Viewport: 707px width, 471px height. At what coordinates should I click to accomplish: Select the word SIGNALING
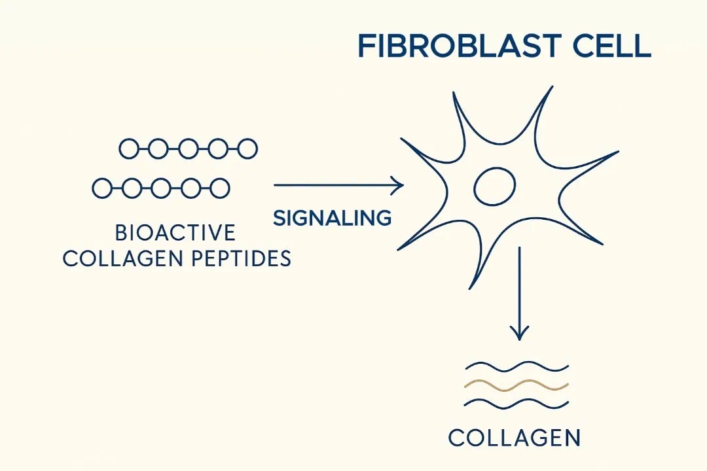click(333, 218)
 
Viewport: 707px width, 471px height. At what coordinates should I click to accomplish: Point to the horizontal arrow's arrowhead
click(397, 185)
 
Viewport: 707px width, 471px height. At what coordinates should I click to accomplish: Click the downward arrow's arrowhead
click(520, 334)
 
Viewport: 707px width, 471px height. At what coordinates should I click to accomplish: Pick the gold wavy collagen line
click(517, 386)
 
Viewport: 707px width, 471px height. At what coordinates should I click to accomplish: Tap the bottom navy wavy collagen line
click(517, 404)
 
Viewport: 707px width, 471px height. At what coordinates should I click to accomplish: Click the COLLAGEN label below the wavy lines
click(515, 438)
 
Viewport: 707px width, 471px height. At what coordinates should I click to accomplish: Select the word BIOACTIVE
click(175, 233)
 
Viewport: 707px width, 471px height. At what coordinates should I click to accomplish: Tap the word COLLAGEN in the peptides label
click(123, 258)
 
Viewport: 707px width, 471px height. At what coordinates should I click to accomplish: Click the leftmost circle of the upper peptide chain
click(128, 148)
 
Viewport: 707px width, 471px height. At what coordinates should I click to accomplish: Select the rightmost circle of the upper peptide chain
click(247, 148)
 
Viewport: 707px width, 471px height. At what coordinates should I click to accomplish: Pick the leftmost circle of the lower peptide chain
click(101, 188)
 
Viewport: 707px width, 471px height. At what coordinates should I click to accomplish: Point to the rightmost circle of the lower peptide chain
click(220, 188)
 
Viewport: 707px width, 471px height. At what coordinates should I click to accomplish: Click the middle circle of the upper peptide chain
click(188, 148)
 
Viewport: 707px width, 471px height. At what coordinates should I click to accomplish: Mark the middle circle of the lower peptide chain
click(160, 188)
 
